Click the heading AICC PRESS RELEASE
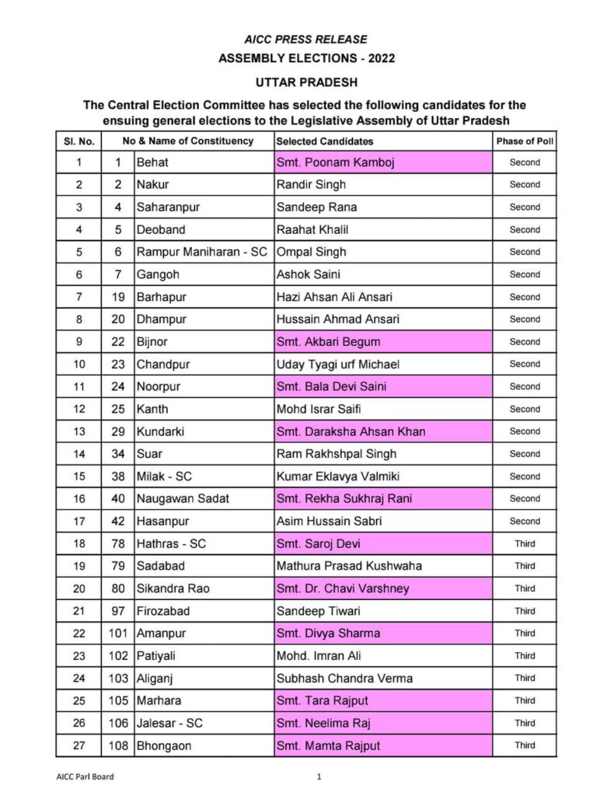coord(305,39)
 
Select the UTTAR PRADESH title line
coord(306,82)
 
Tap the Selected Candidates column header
coord(325,141)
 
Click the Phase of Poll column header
coord(525,141)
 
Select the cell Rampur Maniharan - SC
coord(202,252)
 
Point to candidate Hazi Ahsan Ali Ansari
coord(334,297)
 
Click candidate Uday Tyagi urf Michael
coord(339,365)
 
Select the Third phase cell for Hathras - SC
coord(525,543)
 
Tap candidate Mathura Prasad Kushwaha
coord(349,566)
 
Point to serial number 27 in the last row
coord(78,745)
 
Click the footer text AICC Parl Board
coord(90,776)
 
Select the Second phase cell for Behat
coord(525,162)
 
